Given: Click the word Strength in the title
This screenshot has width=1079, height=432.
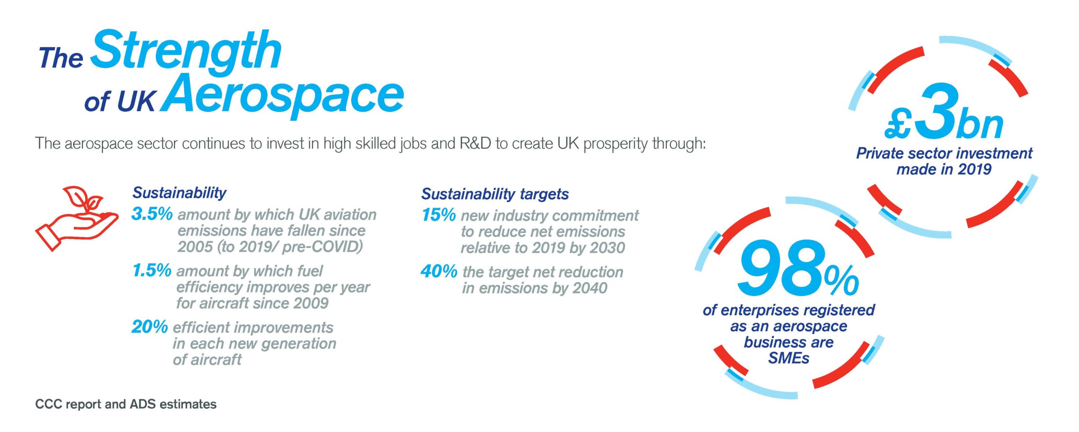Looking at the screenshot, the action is tap(186, 50).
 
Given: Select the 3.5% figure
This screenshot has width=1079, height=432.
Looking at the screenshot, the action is tap(152, 214).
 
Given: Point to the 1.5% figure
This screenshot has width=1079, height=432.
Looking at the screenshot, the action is tap(152, 270).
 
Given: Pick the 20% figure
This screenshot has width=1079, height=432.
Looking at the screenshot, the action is tap(150, 327).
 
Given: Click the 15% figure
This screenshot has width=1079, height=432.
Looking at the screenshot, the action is tap(438, 215).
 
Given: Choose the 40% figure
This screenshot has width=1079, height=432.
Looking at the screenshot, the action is tap(439, 271).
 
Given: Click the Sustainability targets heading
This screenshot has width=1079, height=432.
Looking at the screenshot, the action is tap(495, 194).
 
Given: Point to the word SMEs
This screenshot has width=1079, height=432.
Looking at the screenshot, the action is tap(789, 358).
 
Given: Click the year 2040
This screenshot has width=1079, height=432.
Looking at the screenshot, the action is tap(590, 288).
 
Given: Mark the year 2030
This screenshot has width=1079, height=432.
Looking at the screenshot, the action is tap(607, 248).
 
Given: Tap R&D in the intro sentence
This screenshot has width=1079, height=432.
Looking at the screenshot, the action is tap(475, 143).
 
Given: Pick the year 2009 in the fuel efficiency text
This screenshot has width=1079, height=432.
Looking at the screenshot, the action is tap(311, 303).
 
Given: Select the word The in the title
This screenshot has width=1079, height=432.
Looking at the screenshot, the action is tap(61, 58).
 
